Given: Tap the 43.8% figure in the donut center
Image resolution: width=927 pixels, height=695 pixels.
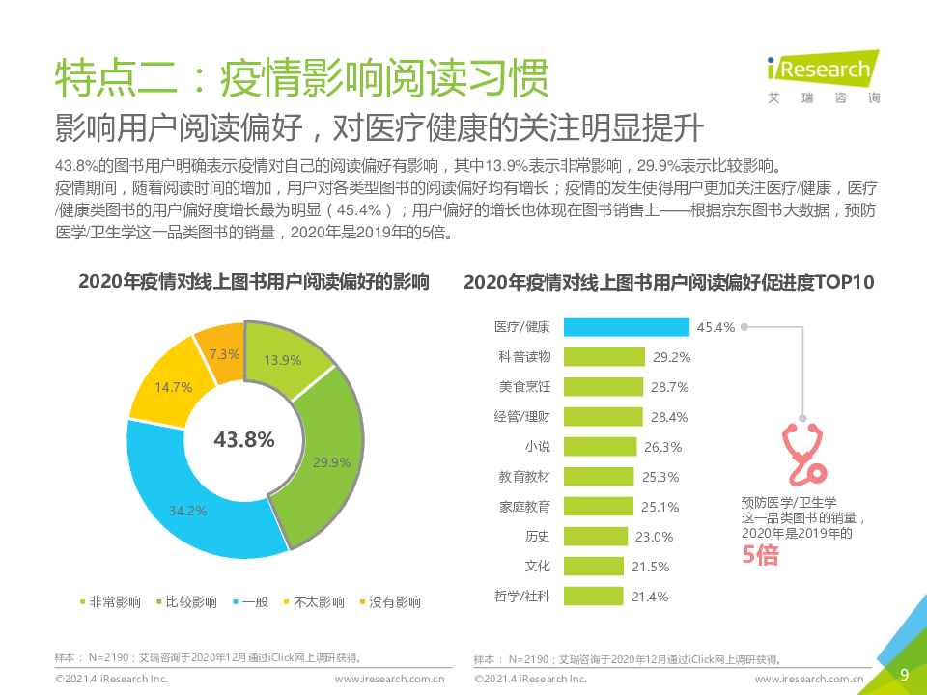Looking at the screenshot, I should click(x=244, y=439).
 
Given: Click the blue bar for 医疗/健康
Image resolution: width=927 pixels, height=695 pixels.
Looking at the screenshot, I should click(x=626, y=327).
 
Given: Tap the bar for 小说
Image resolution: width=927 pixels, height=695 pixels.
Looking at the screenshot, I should click(x=600, y=447).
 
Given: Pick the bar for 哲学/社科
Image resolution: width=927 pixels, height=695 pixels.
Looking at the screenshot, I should click(x=593, y=597).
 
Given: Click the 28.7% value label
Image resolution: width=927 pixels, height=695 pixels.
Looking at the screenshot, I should click(x=670, y=387).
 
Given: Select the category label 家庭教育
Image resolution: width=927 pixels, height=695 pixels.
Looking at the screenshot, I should click(x=524, y=507).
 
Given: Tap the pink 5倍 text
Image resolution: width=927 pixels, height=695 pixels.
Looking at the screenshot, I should click(x=760, y=555).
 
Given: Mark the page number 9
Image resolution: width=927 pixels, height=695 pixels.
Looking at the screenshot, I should click(x=904, y=675).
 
